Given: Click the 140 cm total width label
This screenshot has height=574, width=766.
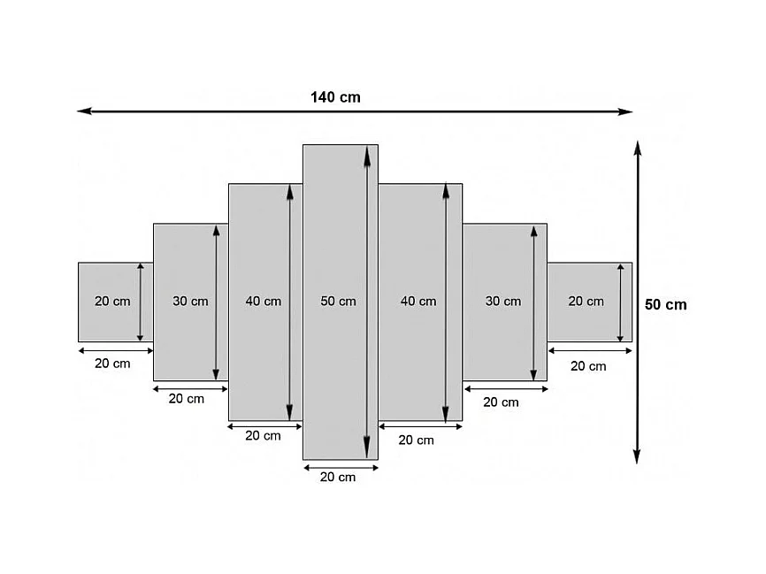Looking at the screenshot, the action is [335, 97].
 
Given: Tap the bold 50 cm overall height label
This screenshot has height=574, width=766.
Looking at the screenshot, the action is [665, 304].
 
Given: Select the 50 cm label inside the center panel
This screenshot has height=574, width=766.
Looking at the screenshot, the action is [338, 302].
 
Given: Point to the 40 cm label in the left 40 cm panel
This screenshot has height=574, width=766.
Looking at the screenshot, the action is [263, 302].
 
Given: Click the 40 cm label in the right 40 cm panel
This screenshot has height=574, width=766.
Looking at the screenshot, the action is [417, 302].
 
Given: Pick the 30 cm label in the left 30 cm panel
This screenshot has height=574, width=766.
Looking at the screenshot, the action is [190, 302].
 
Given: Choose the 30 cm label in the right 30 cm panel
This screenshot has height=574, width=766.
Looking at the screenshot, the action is [503, 302].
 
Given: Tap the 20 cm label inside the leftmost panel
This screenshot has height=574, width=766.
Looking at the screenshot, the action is [112, 302].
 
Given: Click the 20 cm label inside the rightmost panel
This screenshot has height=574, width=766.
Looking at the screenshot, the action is [586, 302].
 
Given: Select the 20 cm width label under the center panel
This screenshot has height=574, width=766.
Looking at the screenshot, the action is [338, 478].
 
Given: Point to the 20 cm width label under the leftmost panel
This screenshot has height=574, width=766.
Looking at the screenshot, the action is [112, 364].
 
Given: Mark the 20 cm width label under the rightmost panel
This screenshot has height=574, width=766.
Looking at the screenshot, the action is [588, 366].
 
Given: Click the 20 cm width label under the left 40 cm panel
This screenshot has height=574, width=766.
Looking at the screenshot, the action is [263, 436].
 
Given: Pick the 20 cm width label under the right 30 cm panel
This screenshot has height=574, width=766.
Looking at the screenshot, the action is [501, 402].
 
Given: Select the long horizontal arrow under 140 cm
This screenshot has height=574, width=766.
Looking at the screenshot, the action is [354, 112].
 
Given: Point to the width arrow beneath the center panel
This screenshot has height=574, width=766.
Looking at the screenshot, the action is [341, 466].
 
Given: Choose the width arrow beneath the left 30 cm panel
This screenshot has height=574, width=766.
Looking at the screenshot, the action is [190, 387].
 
